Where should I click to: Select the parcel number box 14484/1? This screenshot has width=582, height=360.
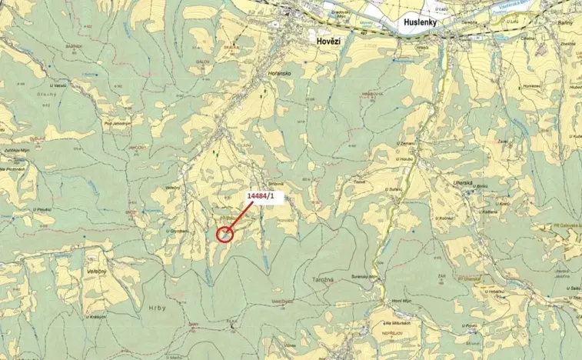click(265, 197)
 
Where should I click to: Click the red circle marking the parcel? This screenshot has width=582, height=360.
click(224, 234)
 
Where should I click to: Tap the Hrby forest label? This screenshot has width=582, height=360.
click(154, 307)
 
